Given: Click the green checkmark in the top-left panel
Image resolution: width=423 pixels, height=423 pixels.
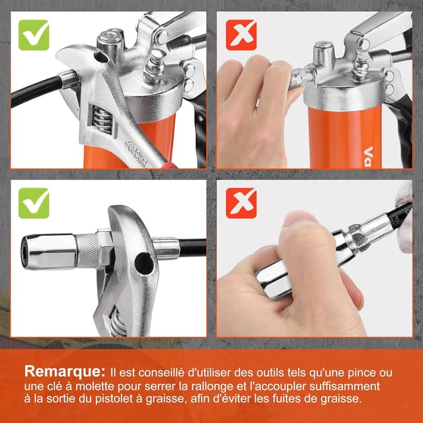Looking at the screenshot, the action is (34, 35).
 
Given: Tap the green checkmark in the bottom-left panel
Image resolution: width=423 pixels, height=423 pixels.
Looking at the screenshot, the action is (34, 203).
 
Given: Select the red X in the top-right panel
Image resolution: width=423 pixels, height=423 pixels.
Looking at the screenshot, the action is (241, 35).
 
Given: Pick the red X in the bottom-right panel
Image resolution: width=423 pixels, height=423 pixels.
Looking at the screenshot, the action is (241, 203).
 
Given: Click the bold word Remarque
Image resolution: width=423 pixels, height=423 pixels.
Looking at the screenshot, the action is (65, 371).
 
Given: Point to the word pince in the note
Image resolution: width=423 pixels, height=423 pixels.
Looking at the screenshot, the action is (362, 373).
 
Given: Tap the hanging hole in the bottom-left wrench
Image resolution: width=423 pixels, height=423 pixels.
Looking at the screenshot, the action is (144, 263).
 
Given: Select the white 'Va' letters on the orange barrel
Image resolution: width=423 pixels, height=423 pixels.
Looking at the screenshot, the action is (368, 157).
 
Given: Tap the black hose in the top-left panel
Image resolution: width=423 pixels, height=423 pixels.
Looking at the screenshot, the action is (36, 91).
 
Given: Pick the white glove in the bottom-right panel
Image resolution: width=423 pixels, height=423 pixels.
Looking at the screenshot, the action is (404, 219).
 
